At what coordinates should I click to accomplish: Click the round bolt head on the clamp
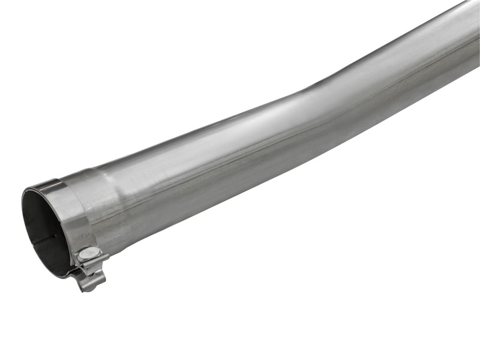(88, 253)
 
